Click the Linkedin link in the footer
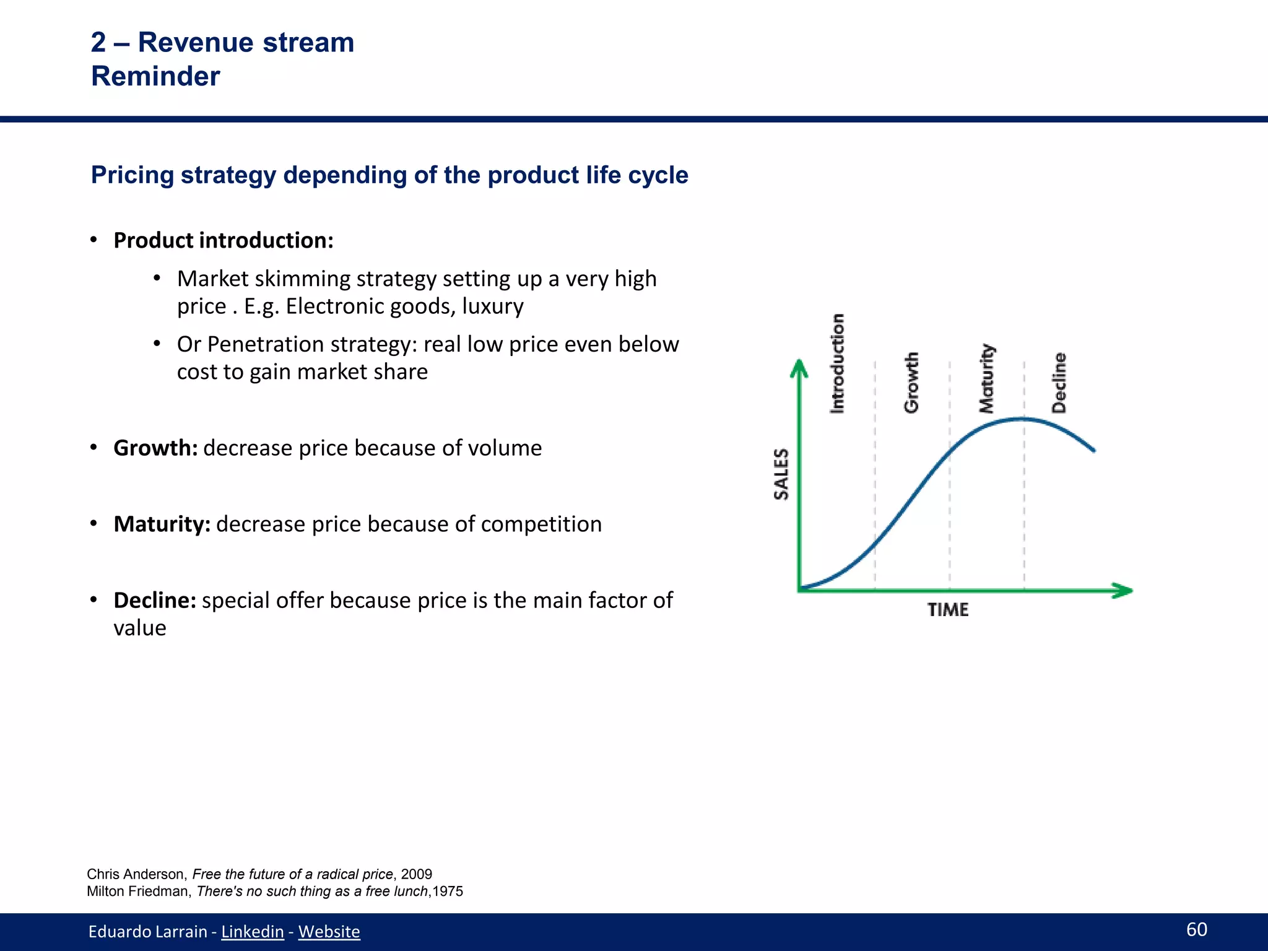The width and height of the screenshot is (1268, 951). [252, 931]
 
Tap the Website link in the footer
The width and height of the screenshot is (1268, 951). [329, 931]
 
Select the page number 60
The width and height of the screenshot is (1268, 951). [1196, 929]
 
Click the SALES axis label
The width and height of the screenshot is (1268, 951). [781, 474]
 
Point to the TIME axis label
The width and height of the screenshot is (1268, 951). [947, 610]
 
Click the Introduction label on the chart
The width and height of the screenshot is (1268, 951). [837, 363]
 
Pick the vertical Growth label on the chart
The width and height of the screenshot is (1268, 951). [911, 383]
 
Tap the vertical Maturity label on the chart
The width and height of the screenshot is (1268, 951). [986, 378]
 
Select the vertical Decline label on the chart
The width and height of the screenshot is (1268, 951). [1059, 383]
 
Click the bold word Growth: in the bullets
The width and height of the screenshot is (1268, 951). [155, 448]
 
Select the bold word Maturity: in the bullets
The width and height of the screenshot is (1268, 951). [162, 524]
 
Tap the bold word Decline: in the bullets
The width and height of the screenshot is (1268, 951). [155, 600]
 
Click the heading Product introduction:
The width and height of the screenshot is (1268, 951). [224, 240]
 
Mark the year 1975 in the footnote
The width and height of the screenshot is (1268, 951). [448, 892]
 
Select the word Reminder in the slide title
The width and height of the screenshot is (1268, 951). [155, 76]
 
